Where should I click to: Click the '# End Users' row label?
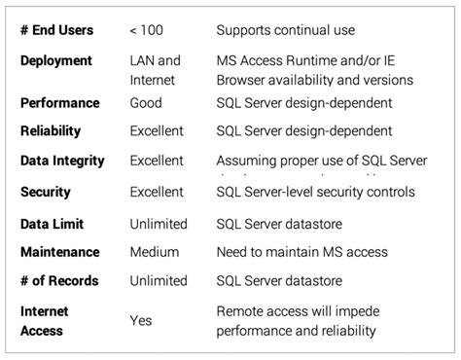[59, 30]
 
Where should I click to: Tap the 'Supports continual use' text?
[286, 30]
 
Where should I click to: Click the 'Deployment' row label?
[55, 60]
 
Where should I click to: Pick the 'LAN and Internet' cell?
[156, 70]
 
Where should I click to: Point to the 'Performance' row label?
[59, 102]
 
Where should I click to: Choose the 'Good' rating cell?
[146, 102]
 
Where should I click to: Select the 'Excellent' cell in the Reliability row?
[160, 131]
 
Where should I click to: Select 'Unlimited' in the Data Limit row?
[160, 224]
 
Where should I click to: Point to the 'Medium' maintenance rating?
[154, 252]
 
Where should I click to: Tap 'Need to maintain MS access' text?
[303, 252]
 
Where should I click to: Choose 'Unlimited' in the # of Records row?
[160, 281]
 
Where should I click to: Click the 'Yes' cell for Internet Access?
[141, 320]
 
